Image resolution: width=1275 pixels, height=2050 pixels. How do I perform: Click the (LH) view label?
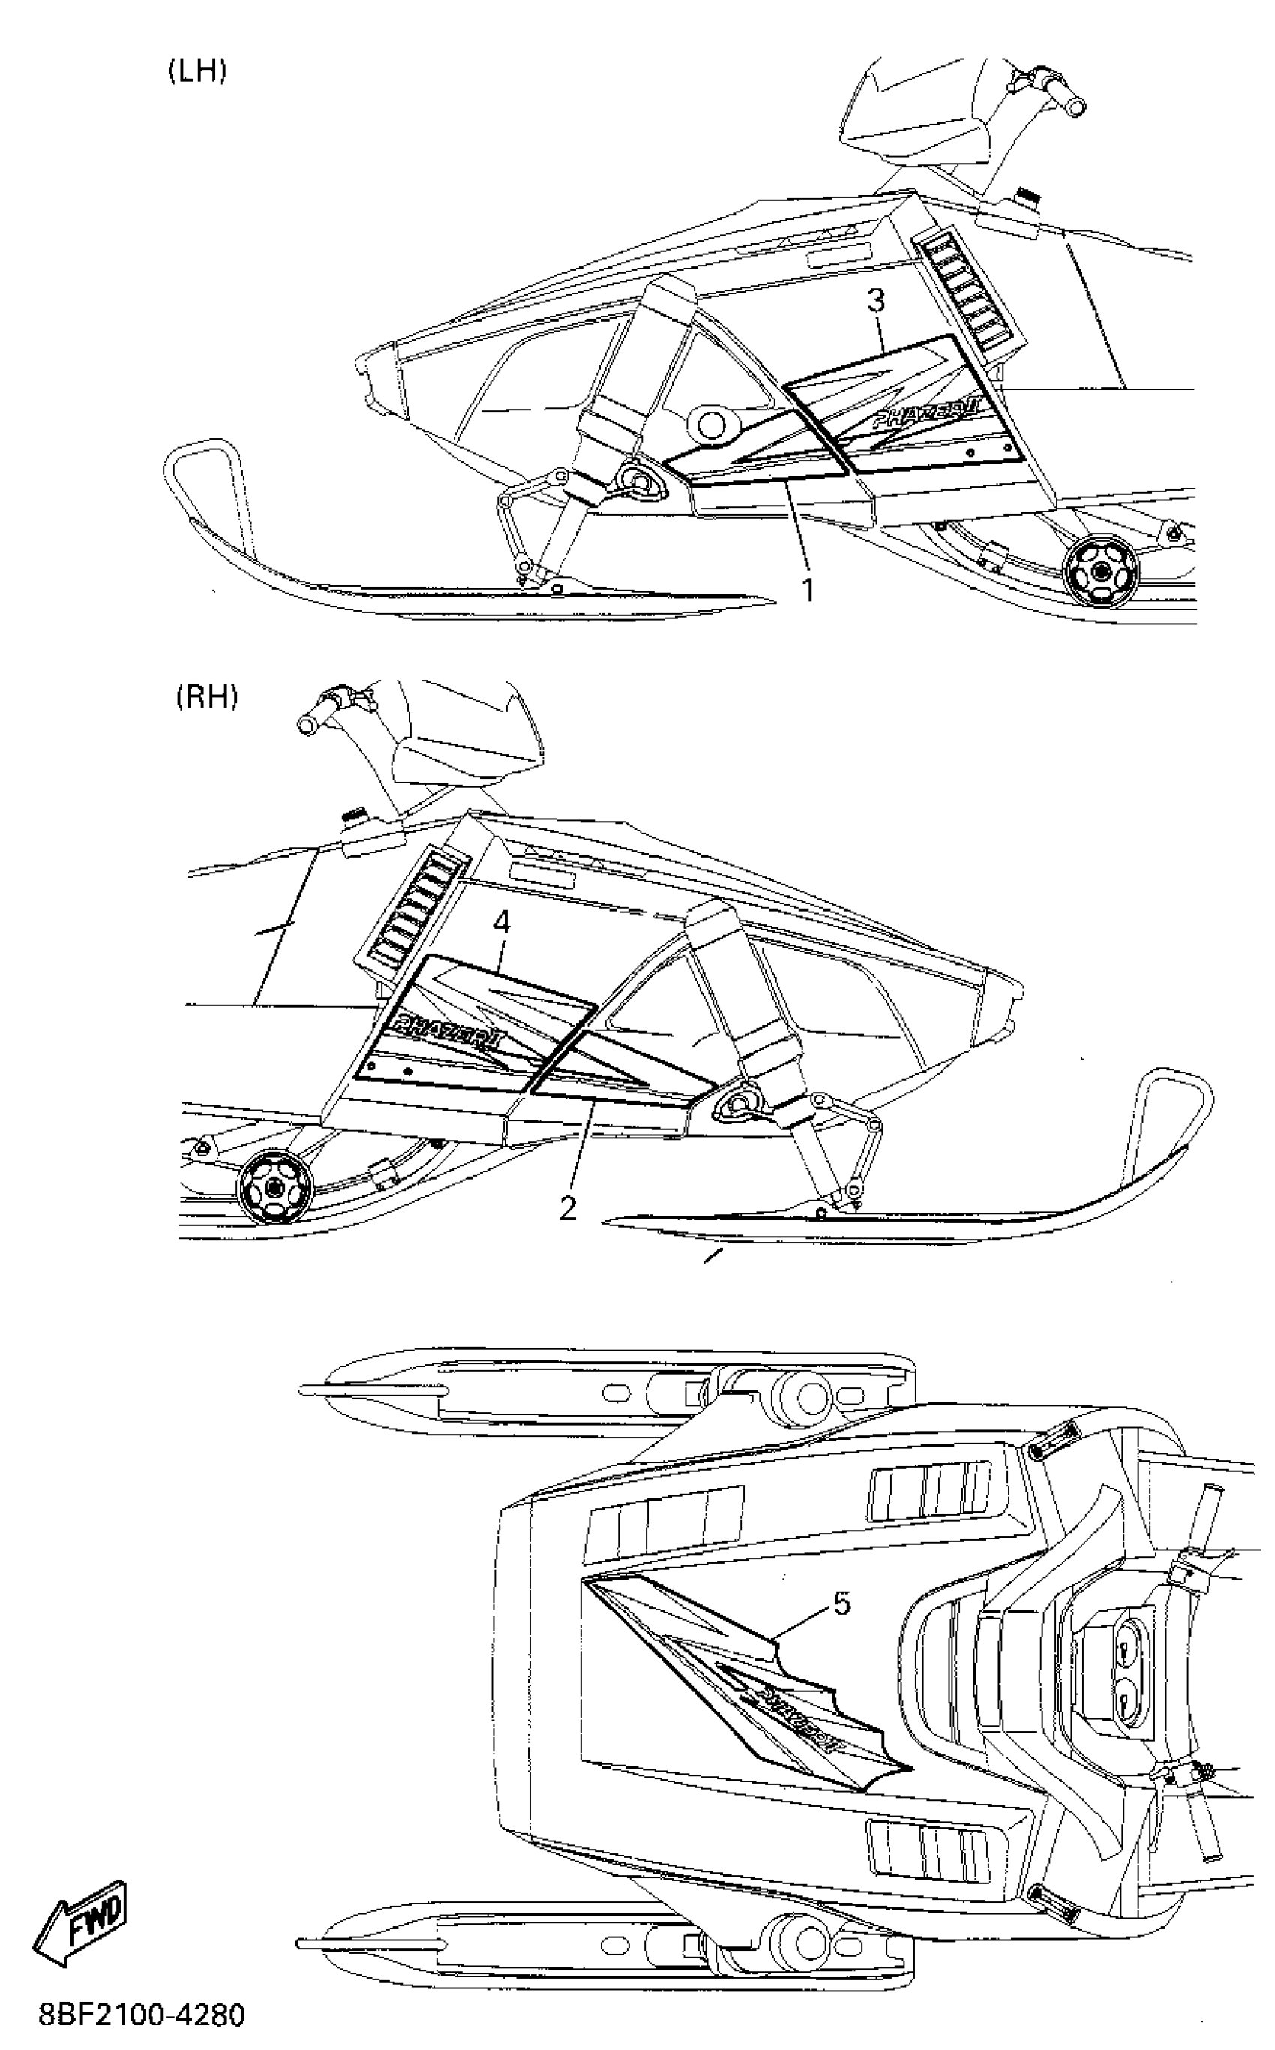[x=197, y=73]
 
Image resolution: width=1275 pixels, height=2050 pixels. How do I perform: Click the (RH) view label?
[x=208, y=698]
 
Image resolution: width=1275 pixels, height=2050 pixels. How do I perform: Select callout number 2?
[x=568, y=1208]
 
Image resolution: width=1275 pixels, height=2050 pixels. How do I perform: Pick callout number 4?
[x=502, y=922]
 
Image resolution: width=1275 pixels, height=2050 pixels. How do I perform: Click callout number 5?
[x=842, y=1603]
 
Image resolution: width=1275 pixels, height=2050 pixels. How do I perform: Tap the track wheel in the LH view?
[x=1100, y=573]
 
